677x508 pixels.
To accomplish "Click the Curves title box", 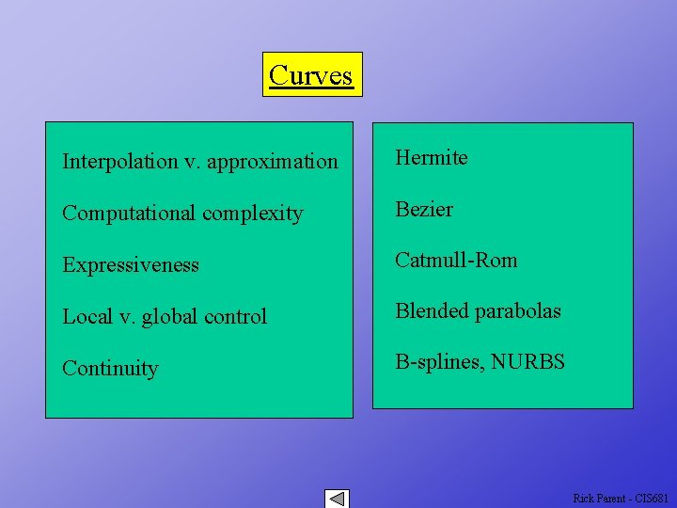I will point(311,74).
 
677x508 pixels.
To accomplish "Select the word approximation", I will point(273,163).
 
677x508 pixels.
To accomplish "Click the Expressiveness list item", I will point(131,265).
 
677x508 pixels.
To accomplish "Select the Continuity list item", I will point(110,369).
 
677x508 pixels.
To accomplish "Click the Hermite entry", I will point(432,158).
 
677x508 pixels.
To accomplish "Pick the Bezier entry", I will point(424,210).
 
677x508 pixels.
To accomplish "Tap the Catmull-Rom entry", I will point(456,261).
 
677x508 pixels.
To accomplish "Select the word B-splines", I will point(436,362).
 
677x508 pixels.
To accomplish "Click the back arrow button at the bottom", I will point(337,499).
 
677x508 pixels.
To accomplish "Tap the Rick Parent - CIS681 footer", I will point(622,498).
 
